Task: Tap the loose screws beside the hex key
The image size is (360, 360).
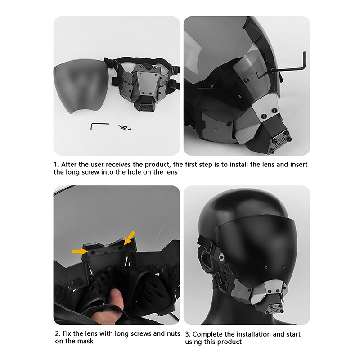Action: [x=125, y=127]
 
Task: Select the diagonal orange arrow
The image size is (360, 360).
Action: [x=129, y=238]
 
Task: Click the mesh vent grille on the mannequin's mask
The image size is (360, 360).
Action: [x=275, y=309]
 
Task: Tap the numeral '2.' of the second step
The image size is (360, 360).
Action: [x=58, y=333]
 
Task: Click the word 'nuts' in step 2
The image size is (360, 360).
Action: [x=173, y=333]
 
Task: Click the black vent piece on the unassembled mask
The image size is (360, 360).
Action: [x=145, y=104]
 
